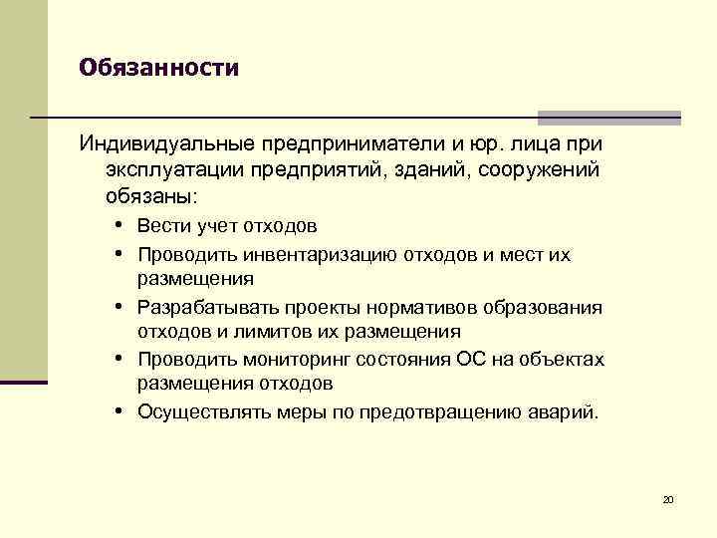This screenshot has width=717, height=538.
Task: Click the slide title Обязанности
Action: tap(159, 69)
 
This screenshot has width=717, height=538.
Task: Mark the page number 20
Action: tap(668, 499)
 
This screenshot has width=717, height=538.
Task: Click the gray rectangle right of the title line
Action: tap(608, 117)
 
